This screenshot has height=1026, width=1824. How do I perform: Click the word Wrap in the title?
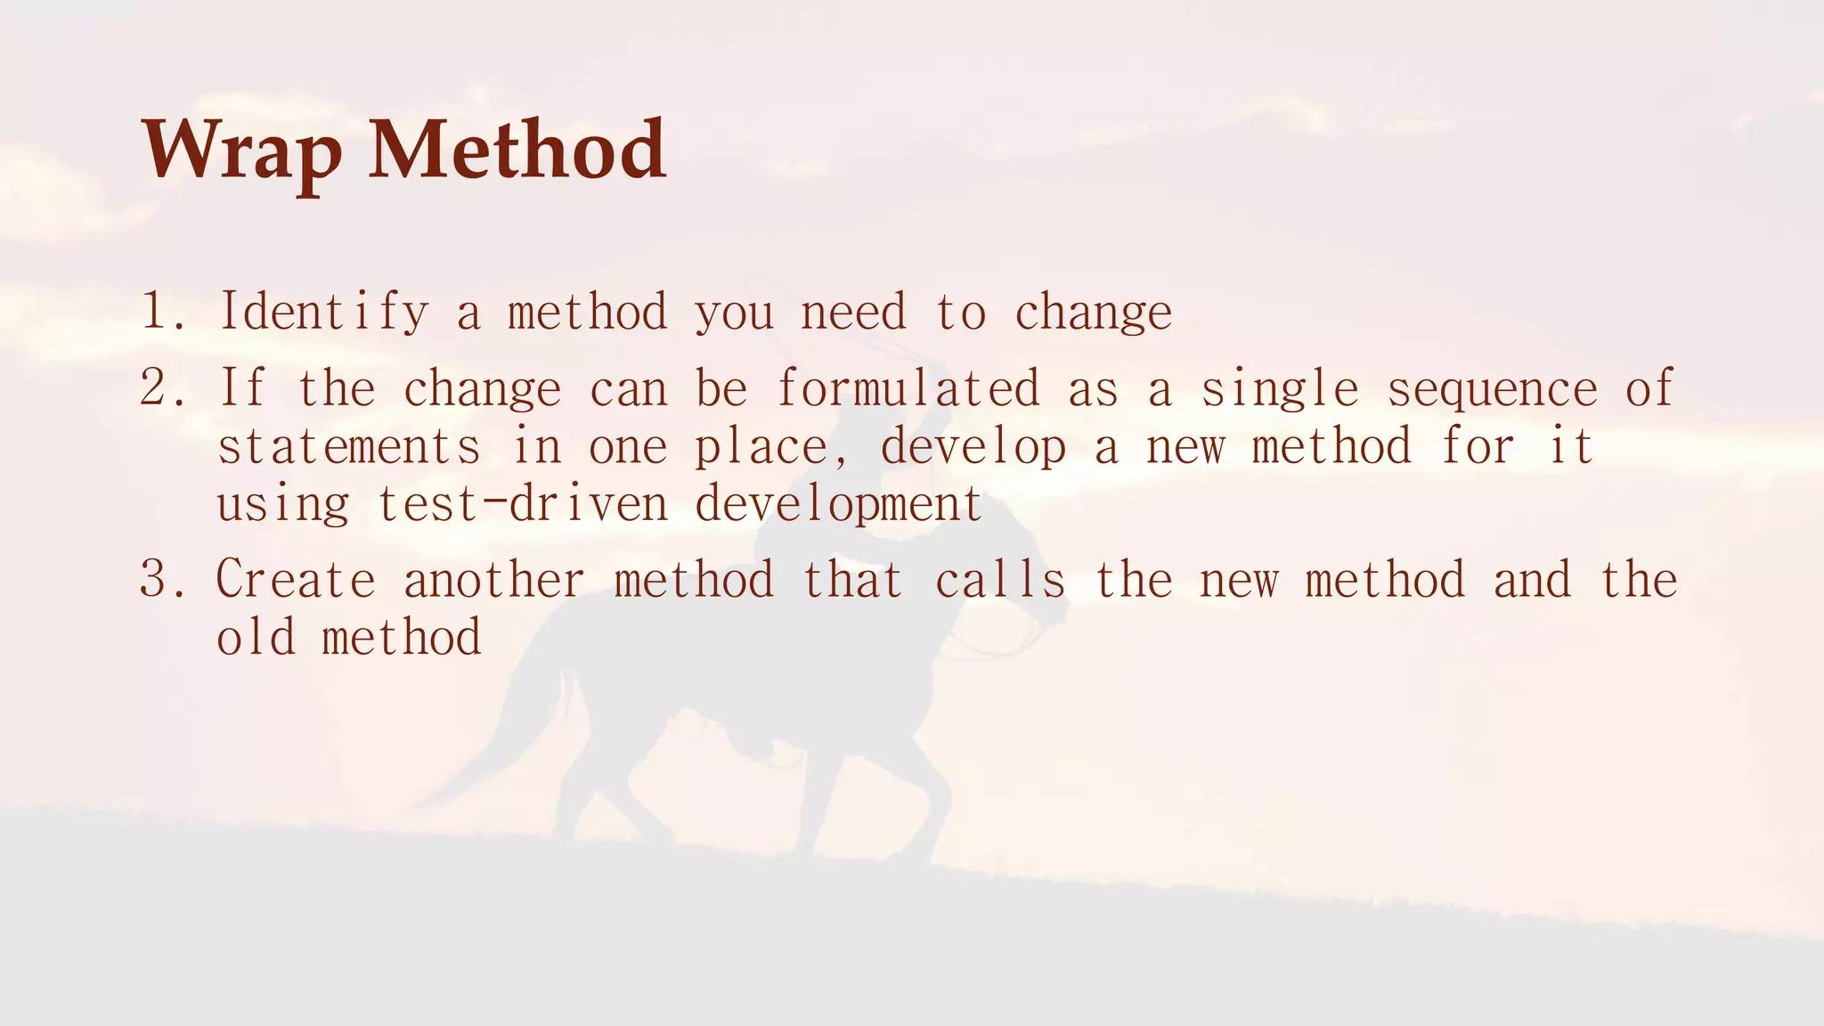[240, 151]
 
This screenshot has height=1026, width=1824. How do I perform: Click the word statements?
[348, 447]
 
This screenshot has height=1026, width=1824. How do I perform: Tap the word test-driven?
[523, 504]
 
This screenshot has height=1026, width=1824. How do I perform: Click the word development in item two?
[838, 505]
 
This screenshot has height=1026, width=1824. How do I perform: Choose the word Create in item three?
[296, 580]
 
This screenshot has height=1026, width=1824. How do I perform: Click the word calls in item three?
[999, 580]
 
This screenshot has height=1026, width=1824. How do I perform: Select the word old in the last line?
[256, 638]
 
